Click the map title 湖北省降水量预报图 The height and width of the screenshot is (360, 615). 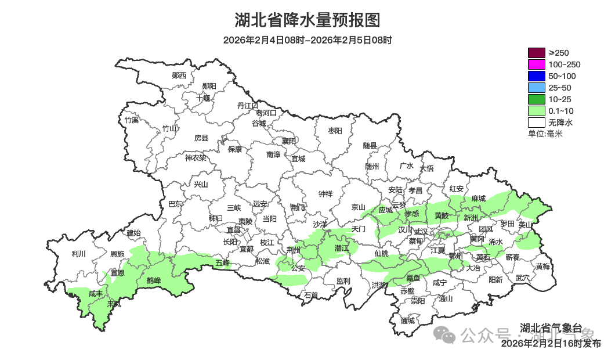[x=307, y=20]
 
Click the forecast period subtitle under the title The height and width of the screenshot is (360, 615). [x=307, y=40]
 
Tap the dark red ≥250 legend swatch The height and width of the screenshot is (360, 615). [x=536, y=53]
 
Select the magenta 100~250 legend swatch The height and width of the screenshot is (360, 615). [x=536, y=64]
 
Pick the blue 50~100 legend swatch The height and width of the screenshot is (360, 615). [x=536, y=76]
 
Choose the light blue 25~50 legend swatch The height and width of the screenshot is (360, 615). [x=536, y=88]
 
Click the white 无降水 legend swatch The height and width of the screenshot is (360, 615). [x=536, y=123]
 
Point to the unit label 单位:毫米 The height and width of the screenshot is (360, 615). [x=545, y=134]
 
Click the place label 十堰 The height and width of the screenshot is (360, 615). [x=203, y=98]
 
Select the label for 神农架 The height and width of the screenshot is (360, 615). [x=196, y=157]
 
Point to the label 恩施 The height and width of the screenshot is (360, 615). [x=117, y=254]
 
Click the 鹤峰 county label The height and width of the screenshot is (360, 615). [x=153, y=280]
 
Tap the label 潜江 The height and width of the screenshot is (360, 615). [x=342, y=248]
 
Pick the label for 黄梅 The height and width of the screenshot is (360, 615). [x=543, y=267]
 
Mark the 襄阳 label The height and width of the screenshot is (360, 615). [x=289, y=141]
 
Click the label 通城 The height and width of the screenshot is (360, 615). [x=408, y=321]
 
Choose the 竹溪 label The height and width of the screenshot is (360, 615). [x=132, y=120]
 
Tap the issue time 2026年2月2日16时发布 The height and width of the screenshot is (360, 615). [x=551, y=343]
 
